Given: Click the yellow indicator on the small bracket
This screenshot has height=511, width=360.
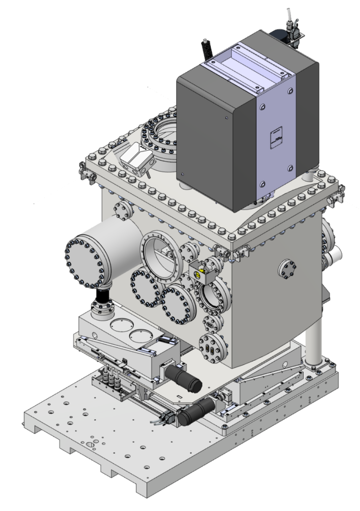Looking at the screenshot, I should point(202,271).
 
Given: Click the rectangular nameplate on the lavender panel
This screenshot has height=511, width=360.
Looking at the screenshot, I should point(276,137).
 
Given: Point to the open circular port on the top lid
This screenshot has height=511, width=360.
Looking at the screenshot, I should point(160,135).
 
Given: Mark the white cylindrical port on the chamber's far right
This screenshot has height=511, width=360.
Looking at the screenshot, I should point(333,259).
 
